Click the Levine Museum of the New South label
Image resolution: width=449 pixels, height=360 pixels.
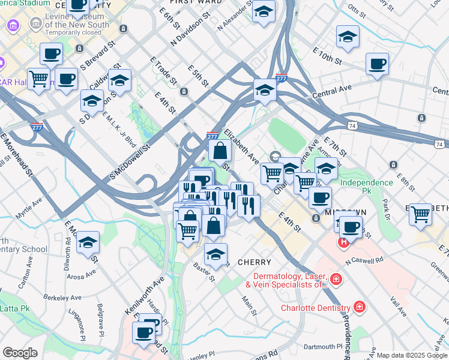[x=77, y=25]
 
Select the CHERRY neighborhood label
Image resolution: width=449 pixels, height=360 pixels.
[x=255, y=262]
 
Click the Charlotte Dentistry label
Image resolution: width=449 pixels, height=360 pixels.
[x=315, y=308]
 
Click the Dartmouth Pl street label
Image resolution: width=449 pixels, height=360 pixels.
[x=322, y=346]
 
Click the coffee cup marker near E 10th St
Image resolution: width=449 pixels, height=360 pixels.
[x=377, y=64]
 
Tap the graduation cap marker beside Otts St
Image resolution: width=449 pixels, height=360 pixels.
[x=348, y=37]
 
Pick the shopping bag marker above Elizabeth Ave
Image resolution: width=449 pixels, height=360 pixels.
[x=220, y=150]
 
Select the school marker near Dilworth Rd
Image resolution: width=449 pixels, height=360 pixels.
[x=88, y=242]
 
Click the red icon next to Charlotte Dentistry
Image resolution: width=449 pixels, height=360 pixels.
[x=359, y=307]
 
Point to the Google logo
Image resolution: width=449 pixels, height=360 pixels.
[x=20, y=353]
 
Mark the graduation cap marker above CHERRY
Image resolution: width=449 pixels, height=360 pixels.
[x=215, y=254]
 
